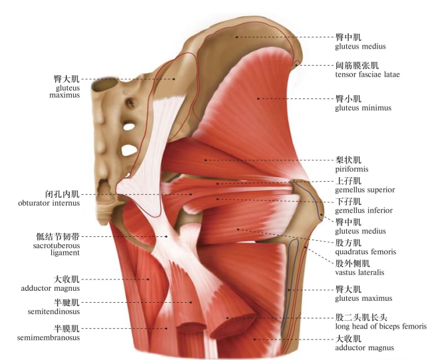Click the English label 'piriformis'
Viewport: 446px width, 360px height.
pos(351,169)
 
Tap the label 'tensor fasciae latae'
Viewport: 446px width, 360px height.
pos(367,75)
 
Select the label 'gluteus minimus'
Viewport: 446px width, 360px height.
pos(363,108)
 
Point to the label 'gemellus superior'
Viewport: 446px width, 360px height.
pos(365,190)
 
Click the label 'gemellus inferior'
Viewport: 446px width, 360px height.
pos(364,210)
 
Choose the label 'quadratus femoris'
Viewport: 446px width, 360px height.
pos(365,252)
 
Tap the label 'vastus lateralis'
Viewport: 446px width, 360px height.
pos(359,272)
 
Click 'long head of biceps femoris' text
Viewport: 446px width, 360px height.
pos(381,326)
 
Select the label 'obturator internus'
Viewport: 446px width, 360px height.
pos(49,203)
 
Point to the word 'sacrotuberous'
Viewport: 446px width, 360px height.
pos(57,246)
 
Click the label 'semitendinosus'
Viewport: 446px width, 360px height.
pos(54,311)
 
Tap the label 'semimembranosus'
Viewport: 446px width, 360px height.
pos(49,337)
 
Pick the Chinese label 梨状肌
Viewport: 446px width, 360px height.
pos(348,160)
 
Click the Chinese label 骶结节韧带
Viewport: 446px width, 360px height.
pos(58,237)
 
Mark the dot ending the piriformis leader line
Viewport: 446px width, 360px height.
pos(206,160)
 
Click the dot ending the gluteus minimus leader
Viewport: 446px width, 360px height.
pos(258,98)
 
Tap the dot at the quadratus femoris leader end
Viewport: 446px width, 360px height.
pos(238,229)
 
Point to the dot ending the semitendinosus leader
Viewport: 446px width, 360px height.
pos(191,302)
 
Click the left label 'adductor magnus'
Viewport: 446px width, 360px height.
pos(51,288)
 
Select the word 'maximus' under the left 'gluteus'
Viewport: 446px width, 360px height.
pos(65,95)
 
